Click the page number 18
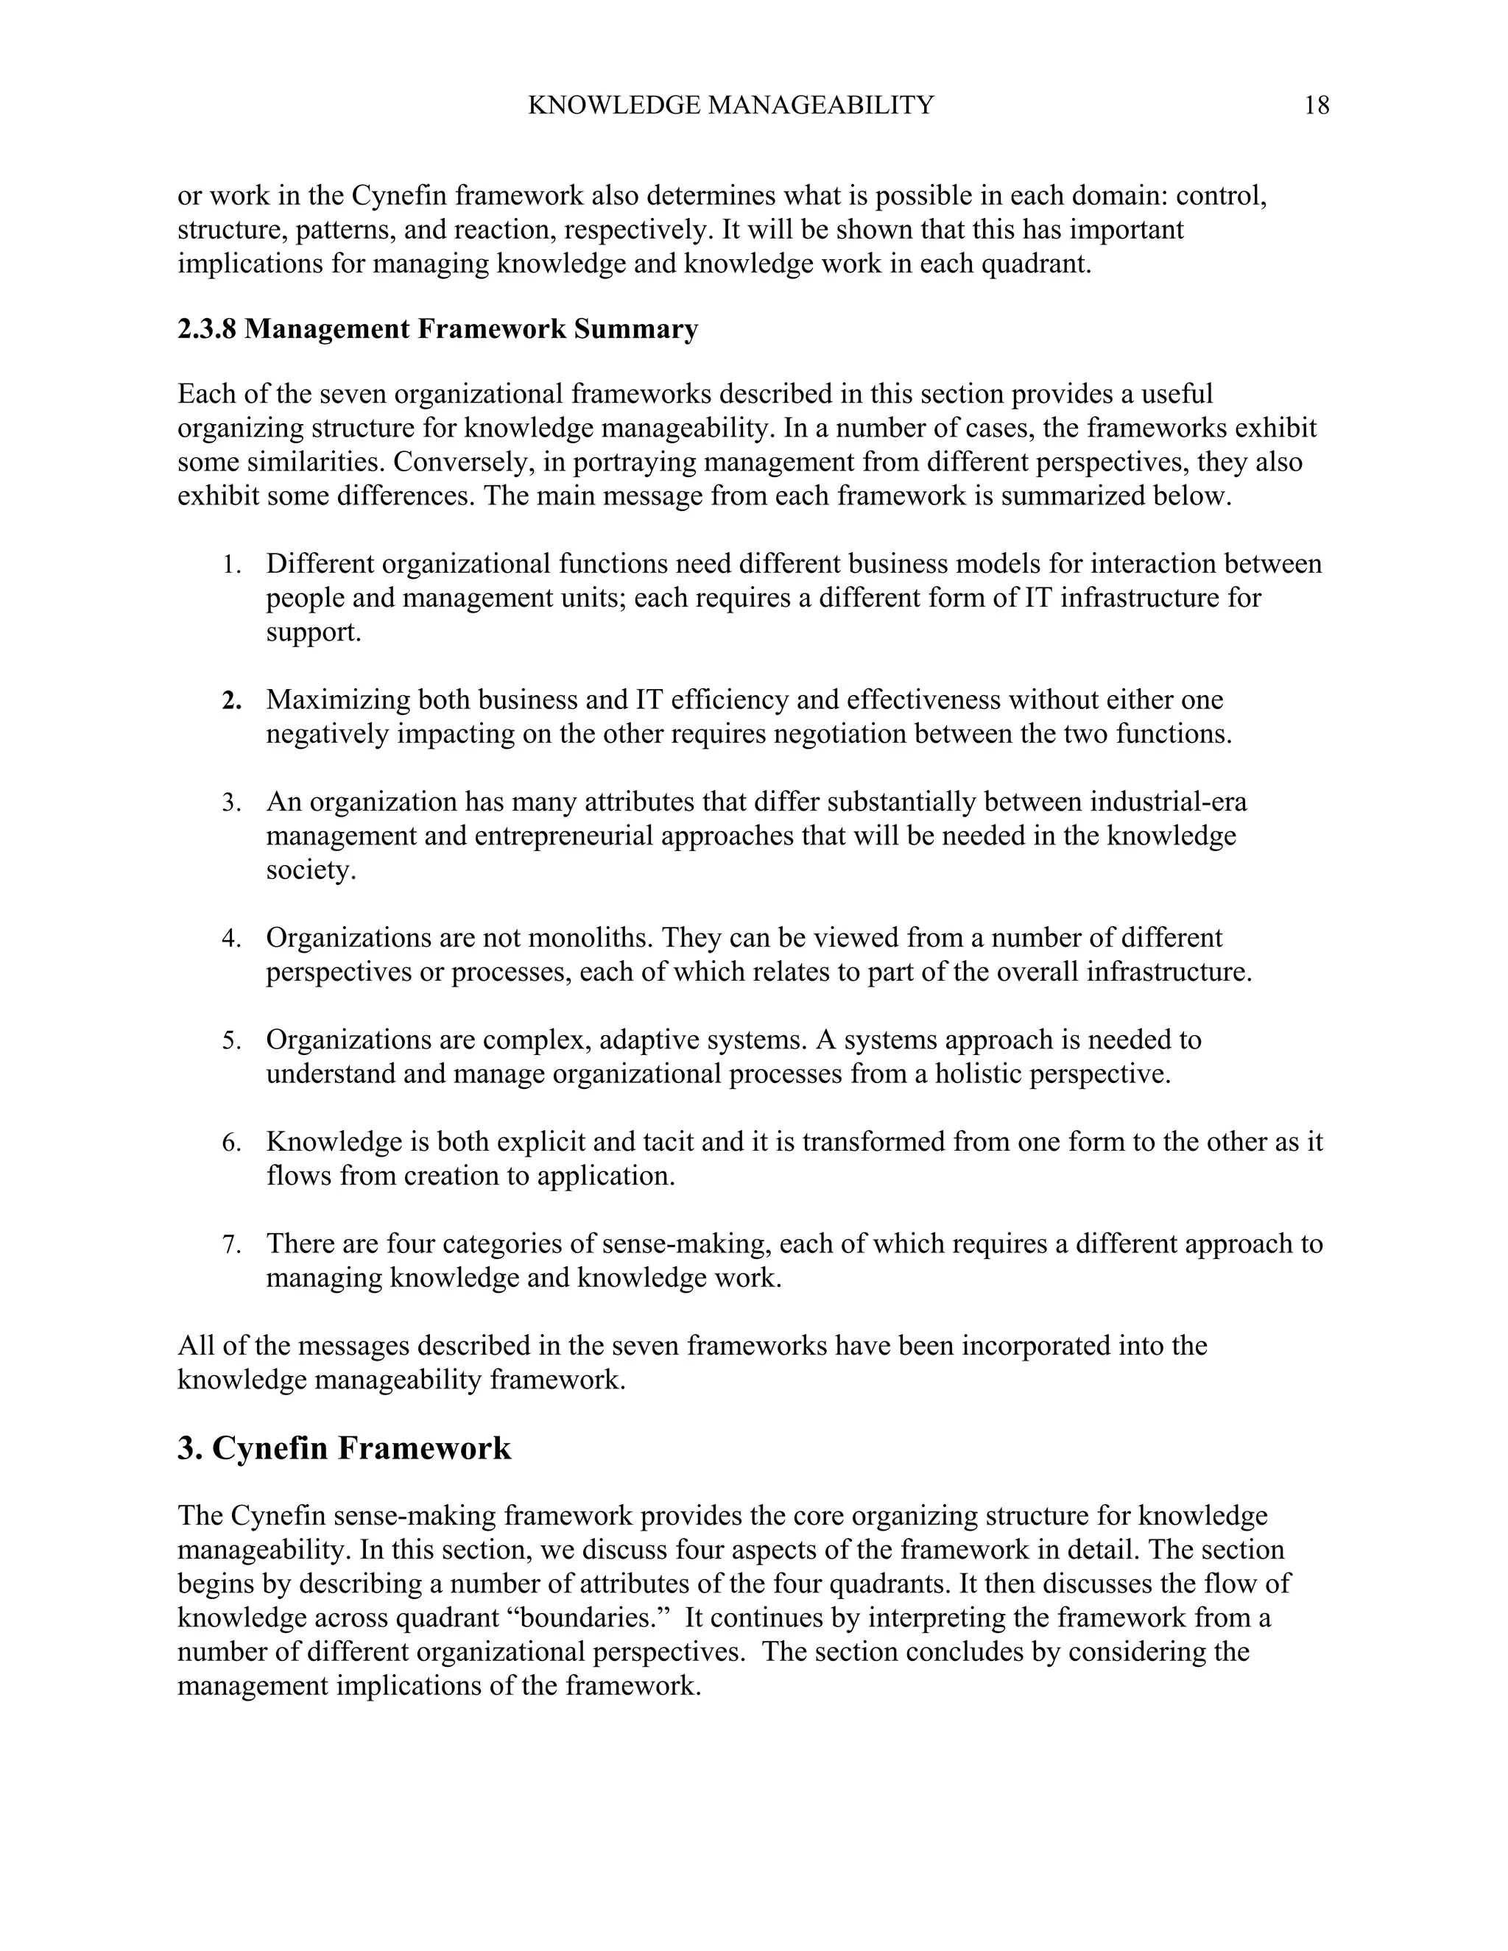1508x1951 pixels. coord(1316,106)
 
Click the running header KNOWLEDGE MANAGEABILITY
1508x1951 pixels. coord(730,106)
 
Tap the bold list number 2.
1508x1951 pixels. coord(231,701)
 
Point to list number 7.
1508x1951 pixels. coord(231,1245)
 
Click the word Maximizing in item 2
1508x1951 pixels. coord(338,700)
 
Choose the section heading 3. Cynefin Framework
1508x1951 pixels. coord(344,1448)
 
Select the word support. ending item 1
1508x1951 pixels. coord(314,632)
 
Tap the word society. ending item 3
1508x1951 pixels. coord(311,870)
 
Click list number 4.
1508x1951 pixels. coord(231,939)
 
